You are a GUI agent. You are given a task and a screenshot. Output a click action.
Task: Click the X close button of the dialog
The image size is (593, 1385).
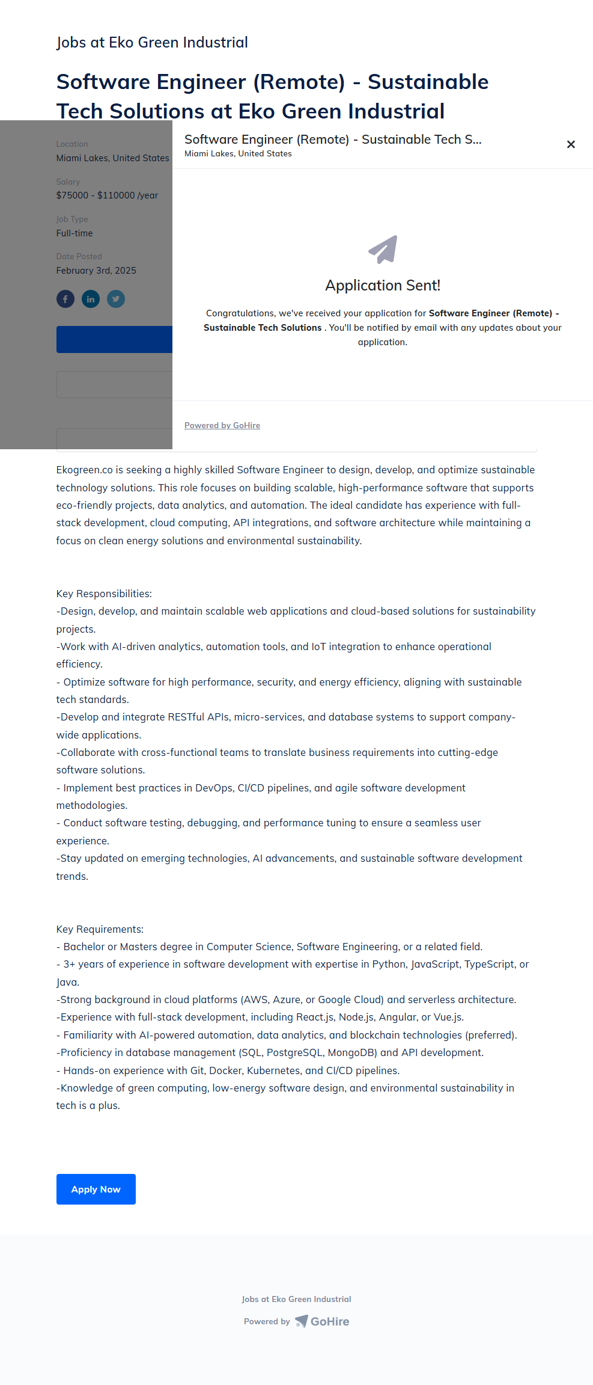571,144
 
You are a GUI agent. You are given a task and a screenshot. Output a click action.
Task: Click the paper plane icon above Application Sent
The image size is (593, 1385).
383,249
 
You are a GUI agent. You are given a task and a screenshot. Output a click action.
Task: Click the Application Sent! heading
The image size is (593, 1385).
383,286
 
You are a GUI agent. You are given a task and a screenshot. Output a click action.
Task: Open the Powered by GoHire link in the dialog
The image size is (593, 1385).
222,425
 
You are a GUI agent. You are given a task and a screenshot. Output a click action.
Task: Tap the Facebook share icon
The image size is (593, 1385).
65,299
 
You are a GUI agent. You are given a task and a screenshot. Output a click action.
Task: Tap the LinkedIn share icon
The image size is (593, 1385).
91,299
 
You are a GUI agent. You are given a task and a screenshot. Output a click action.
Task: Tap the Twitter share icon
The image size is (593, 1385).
116,299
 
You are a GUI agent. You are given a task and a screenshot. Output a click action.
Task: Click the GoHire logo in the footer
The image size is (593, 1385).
323,1321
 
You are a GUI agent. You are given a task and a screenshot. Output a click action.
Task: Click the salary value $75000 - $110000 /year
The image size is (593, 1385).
107,195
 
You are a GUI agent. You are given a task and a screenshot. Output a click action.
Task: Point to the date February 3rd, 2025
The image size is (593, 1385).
96,271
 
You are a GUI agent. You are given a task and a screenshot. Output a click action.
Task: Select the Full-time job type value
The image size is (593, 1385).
75,233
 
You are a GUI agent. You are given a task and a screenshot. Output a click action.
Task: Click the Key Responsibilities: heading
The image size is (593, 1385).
104,594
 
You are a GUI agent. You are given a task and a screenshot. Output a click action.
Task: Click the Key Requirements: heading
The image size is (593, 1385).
100,929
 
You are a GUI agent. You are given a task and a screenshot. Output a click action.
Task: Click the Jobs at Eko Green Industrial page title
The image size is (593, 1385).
152,43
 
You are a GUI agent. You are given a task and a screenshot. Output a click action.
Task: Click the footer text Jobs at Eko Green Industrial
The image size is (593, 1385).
296,1299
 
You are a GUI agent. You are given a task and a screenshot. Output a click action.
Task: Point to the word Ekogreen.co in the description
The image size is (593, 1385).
84,470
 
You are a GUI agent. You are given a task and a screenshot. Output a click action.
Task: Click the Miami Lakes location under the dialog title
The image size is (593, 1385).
238,154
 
